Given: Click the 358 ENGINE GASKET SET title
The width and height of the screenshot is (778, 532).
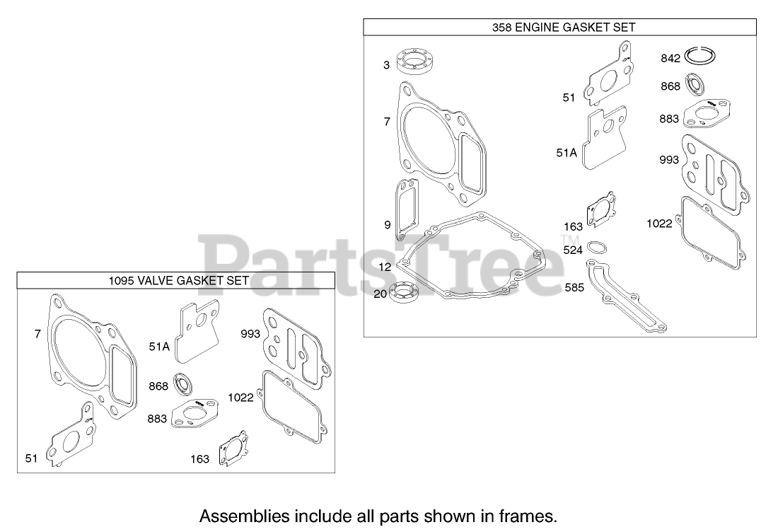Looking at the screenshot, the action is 563,28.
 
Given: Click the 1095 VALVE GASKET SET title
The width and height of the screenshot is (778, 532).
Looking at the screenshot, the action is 178,280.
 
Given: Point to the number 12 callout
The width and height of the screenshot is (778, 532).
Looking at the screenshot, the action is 385,267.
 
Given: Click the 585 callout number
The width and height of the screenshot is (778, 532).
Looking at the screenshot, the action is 574,288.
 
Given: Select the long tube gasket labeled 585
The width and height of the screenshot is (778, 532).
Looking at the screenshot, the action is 626,297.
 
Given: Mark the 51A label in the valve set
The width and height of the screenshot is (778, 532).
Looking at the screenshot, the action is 159,346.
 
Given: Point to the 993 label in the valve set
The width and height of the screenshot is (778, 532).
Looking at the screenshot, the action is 250,334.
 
